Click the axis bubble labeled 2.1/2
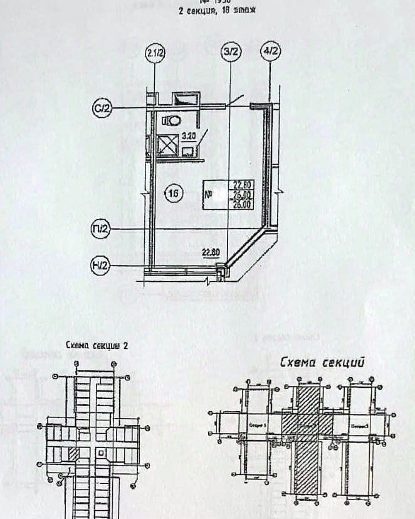click(155, 53)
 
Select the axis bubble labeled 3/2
click(231, 53)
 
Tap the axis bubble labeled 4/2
click(271, 53)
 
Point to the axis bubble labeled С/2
click(102, 109)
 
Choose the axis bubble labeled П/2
click(101, 230)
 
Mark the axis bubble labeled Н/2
click(101, 266)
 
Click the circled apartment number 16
click(174, 193)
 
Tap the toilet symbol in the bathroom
click(171, 119)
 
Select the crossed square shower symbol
click(168, 147)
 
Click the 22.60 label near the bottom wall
click(211, 253)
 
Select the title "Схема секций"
click(322, 362)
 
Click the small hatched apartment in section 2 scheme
click(72, 452)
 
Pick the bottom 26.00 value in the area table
click(243, 203)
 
